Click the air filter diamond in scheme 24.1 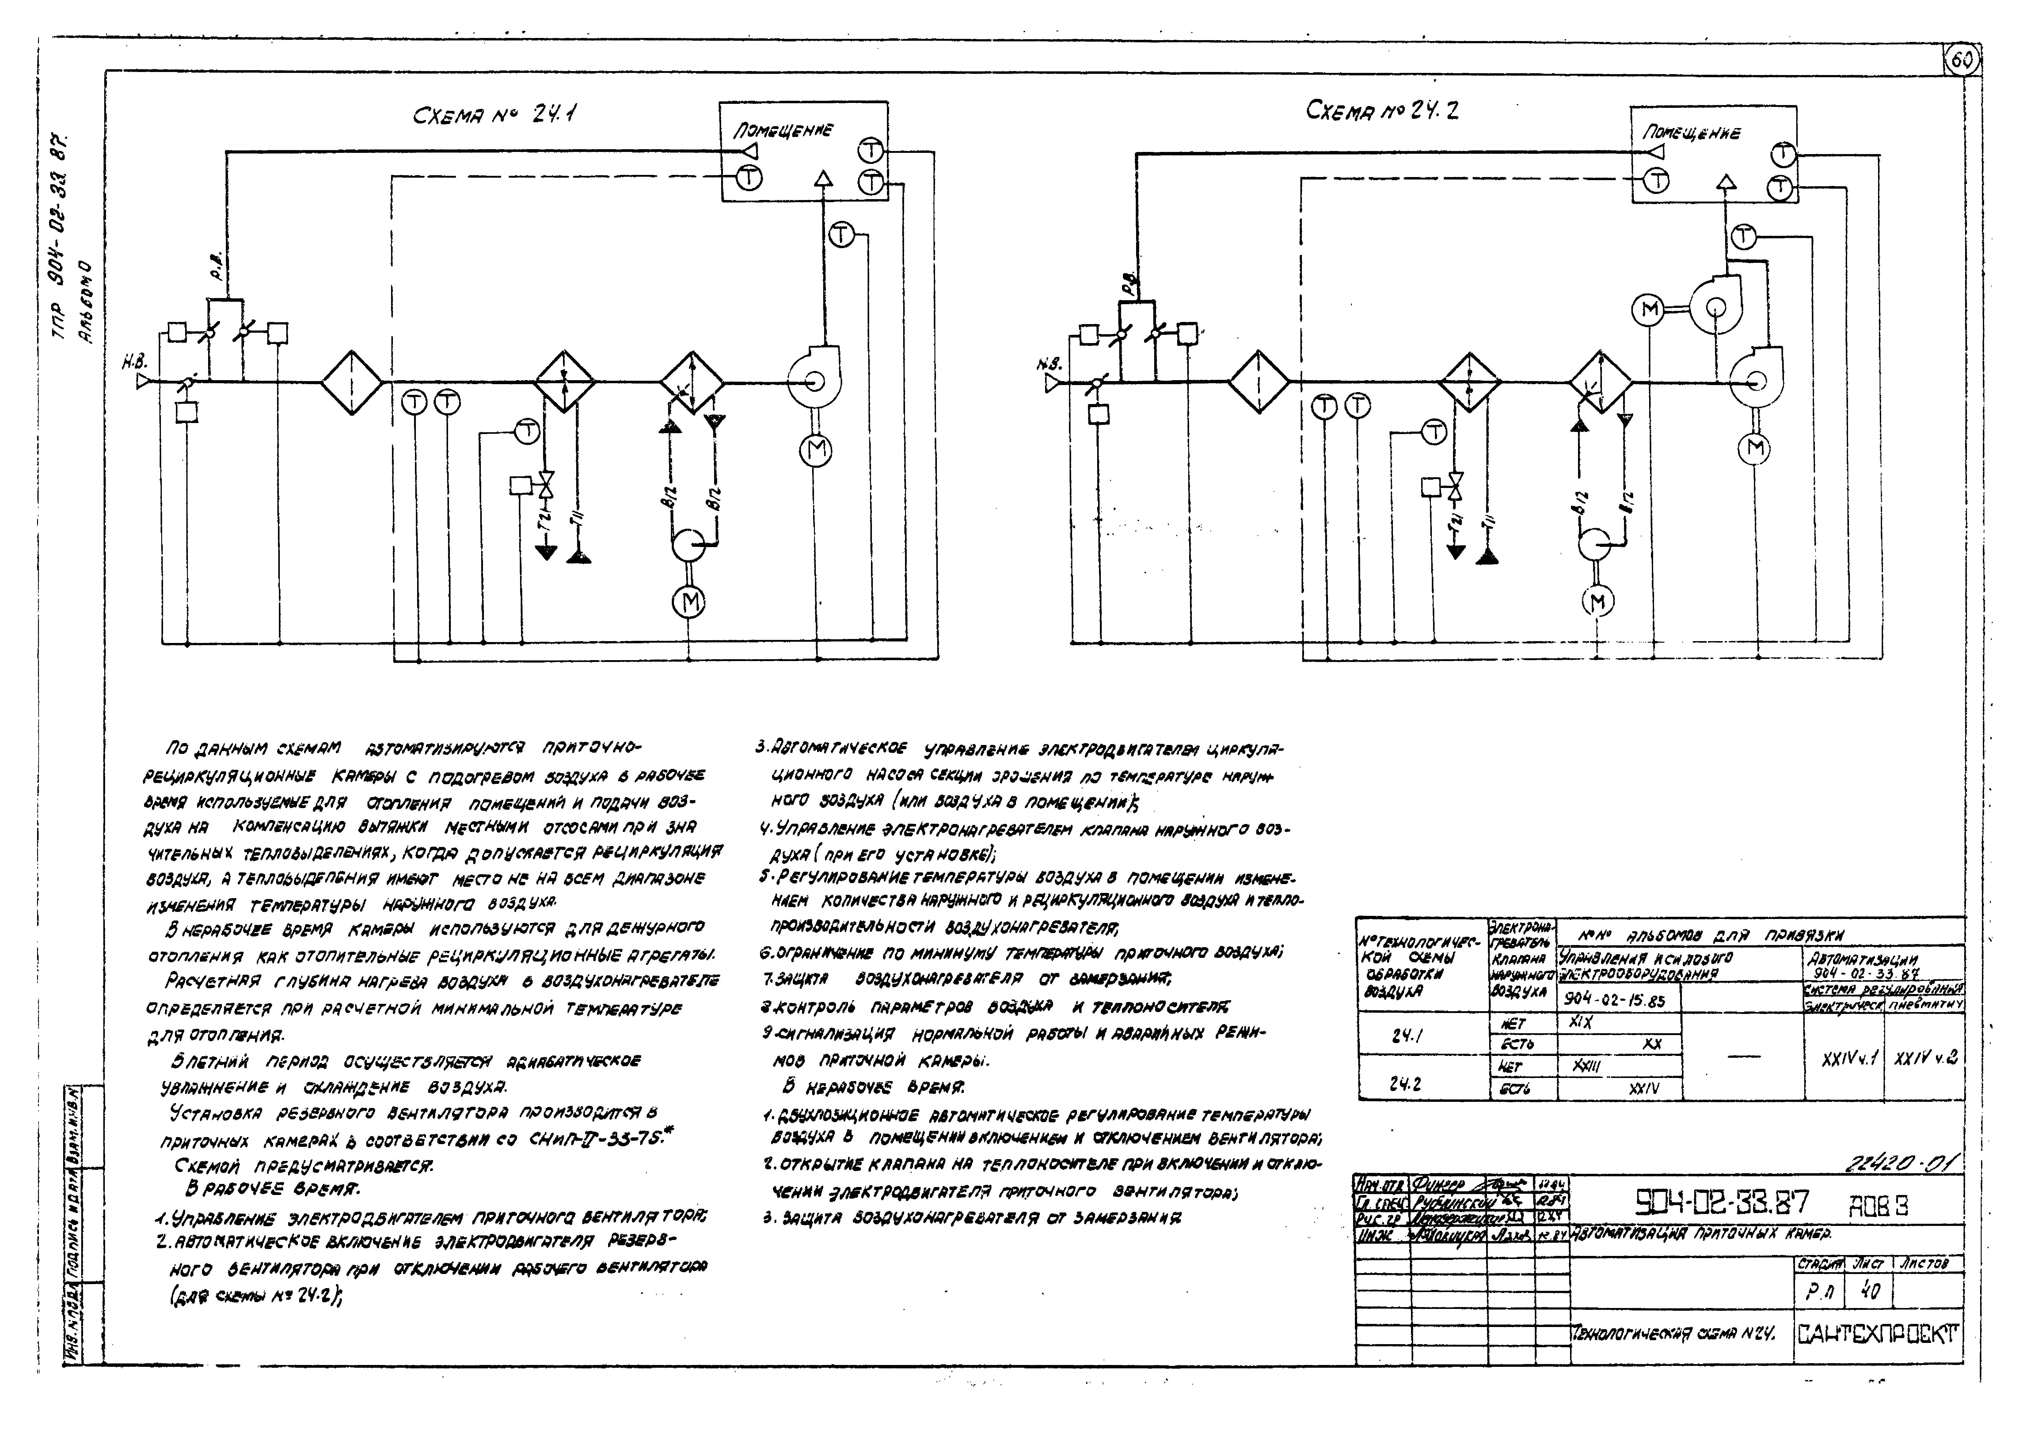click(352, 382)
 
